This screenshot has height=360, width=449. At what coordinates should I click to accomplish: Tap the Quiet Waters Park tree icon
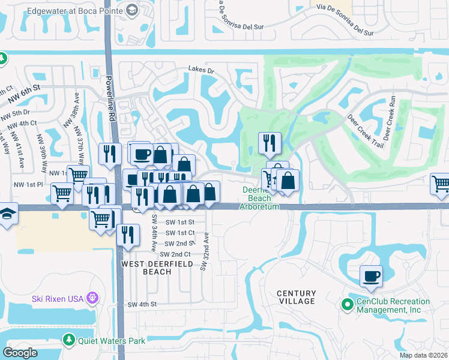[x=70, y=341]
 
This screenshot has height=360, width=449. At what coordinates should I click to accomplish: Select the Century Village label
[x=296, y=296]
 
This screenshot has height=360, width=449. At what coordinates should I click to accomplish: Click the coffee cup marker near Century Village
[x=372, y=276]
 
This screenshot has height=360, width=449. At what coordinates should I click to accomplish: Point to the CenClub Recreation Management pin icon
[x=346, y=305]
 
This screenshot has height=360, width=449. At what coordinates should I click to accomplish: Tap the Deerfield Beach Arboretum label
[x=260, y=199]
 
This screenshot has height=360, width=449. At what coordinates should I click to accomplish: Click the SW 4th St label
[x=142, y=305]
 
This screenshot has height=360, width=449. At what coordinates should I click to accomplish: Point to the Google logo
[x=20, y=353]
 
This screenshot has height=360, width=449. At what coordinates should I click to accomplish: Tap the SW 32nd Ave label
[x=203, y=251]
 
